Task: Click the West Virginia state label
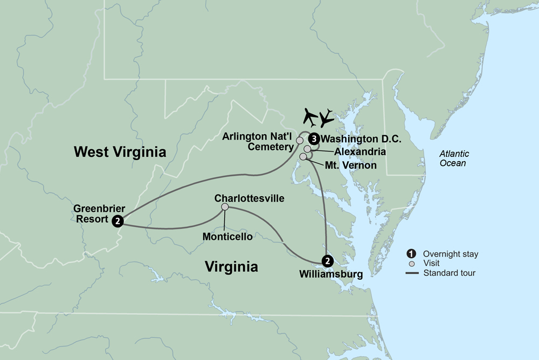click(x=120, y=152)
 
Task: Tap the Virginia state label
click(x=231, y=266)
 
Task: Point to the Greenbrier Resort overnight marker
click(x=118, y=220)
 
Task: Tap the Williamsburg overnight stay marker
click(x=326, y=261)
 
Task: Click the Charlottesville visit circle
click(x=225, y=207)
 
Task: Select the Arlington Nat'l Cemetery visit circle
click(x=300, y=141)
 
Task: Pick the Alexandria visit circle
click(x=307, y=149)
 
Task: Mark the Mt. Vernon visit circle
click(x=303, y=157)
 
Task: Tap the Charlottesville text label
click(x=249, y=198)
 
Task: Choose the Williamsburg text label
click(x=330, y=274)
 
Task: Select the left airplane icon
click(x=310, y=115)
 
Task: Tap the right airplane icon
click(x=327, y=117)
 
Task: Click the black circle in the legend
click(x=412, y=254)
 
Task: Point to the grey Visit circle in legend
click(x=412, y=264)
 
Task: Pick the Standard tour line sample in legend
click(x=412, y=273)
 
